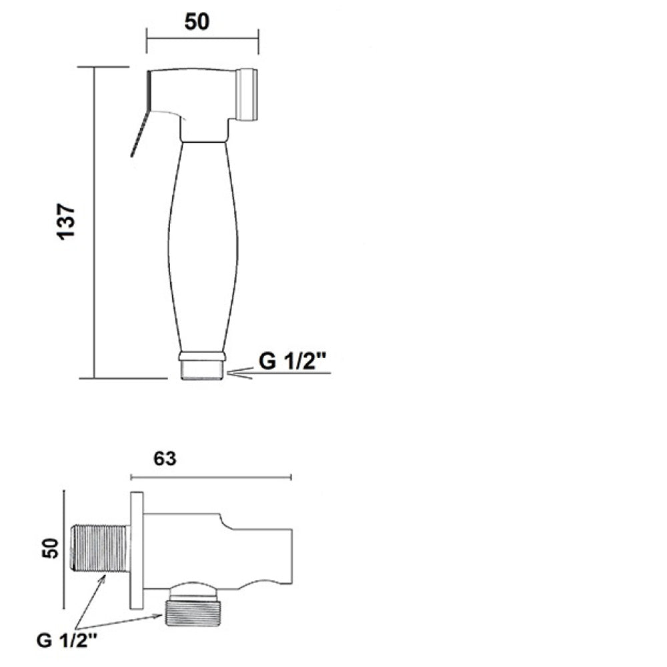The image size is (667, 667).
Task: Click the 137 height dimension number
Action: click(x=66, y=221)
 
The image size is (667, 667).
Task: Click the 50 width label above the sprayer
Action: click(x=197, y=21)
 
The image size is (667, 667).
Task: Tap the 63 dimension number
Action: click(x=165, y=459)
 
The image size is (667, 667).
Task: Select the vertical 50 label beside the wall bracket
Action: click(x=50, y=548)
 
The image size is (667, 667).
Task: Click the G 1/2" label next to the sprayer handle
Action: click(x=292, y=362)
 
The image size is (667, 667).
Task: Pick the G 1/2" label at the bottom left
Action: click(x=67, y=640)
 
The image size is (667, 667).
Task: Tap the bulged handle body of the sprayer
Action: click(x=203, y=247)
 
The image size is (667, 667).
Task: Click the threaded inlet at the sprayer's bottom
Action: click(x=202, y=370)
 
